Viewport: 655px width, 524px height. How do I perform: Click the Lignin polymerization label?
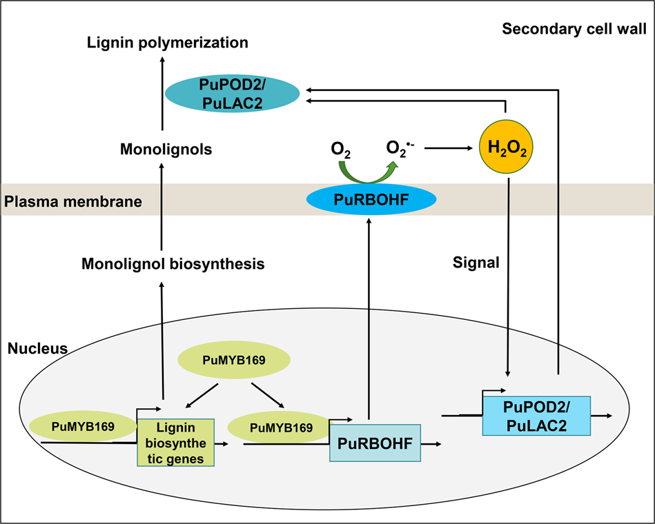168,43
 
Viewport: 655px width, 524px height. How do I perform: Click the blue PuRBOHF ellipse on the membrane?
371,200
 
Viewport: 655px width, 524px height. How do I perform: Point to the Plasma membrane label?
73,202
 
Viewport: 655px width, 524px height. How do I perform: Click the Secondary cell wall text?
574,29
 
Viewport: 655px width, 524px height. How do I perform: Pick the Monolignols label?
166,149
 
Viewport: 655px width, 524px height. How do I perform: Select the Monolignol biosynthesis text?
173,263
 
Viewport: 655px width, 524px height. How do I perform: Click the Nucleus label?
37,348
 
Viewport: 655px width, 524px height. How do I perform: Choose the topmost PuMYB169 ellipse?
235,360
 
